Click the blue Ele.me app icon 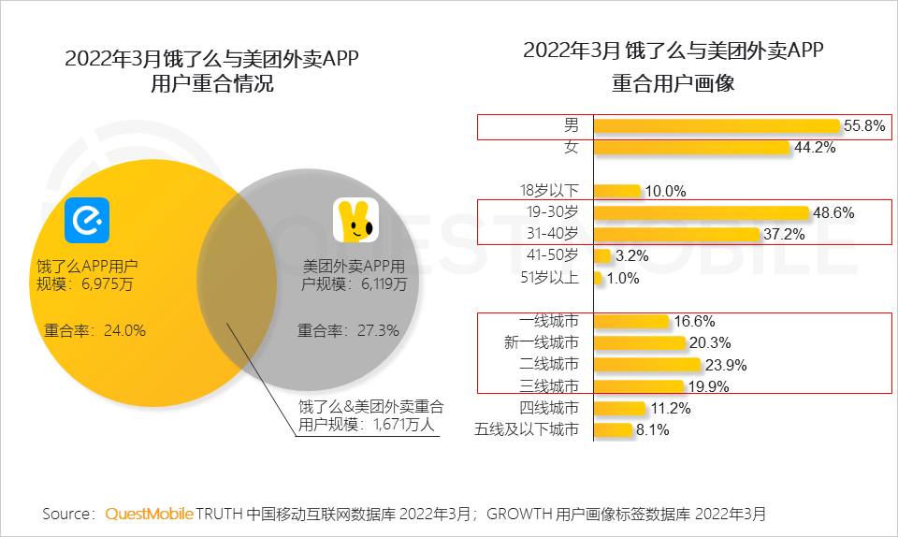pyautogui.click(x=86, y=220)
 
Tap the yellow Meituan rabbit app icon pyautogui.click(x=356, y=221)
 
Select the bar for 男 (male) pyautogui.click(x=717, y=126)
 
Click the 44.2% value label pyautogui.click(x=814, y=148)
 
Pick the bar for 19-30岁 pyautogui.click(x=701, y=212)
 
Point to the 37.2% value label pyautogui.click(x=784, y=235)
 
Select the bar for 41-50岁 pyautogui.click(x=602, y=255)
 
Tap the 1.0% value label pyautogui.click(x=622, y=278)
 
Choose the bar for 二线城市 pyautogui.click(x=646, y=364)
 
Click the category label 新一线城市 pyautogui.click(x=542, y=342)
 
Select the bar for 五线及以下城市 pyautogui.click(x=612, y=430)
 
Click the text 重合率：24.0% pyautogui.click(x=94, y=330)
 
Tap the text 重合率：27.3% pyautogui.click(x=348, y=330)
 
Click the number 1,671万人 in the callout pyautogui.click(x=410, y=426)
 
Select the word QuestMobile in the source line pyautogui.click(x=149, y=514)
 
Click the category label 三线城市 pyautogui.click(x=549, y=385)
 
